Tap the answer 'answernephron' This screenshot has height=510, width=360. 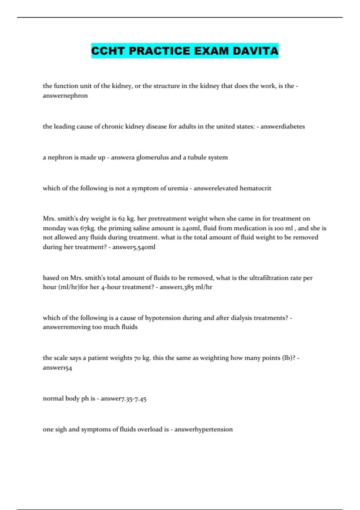point(65,96)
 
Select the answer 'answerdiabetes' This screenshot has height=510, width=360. point(282,126)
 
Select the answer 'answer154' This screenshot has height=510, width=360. point(57,367)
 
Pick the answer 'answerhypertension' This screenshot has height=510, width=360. point(203,429)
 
